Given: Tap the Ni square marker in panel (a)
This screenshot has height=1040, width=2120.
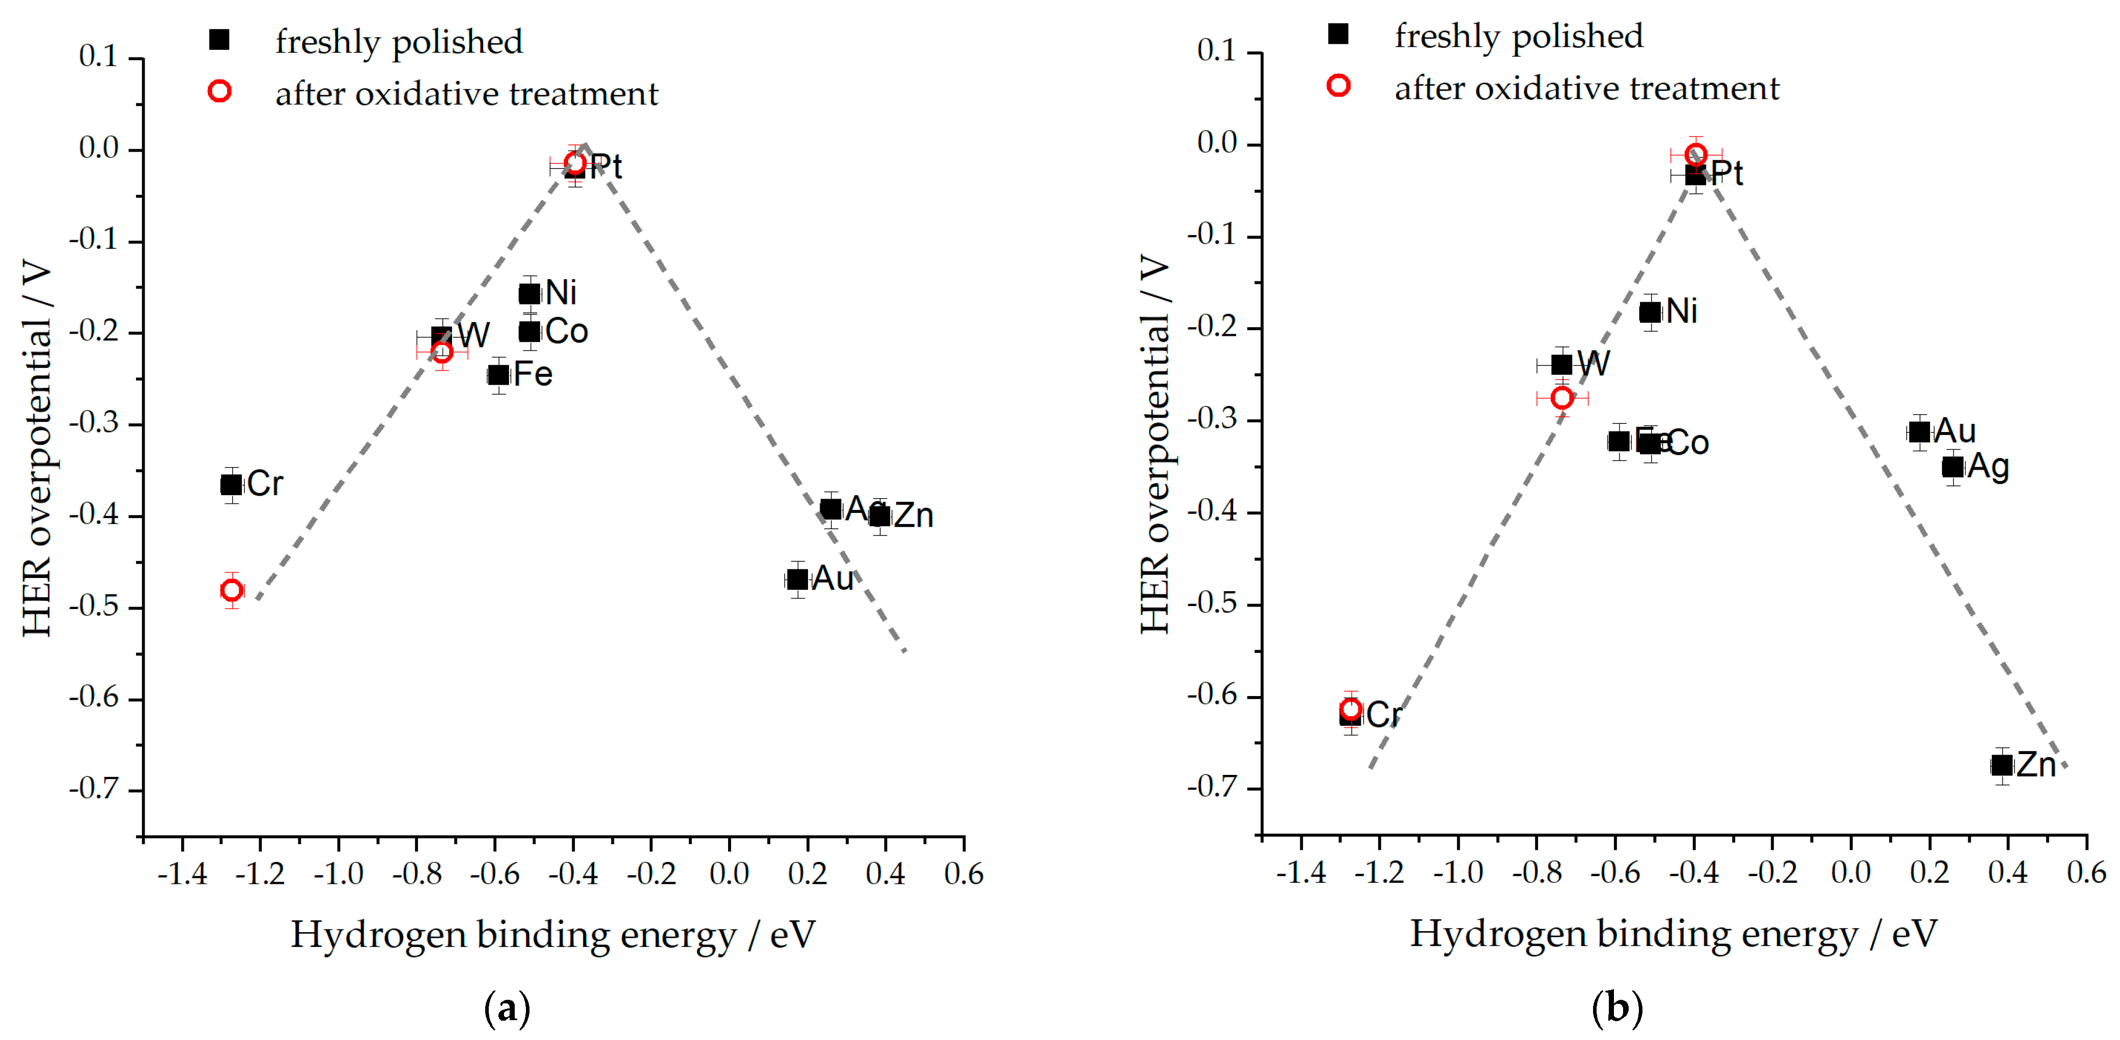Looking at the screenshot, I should [529, 294].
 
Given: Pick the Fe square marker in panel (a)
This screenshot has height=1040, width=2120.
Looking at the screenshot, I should [498, 375].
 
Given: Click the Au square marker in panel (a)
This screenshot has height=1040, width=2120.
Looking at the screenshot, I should [797, 579].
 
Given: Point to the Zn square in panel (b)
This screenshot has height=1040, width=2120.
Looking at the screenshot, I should [2001, 765].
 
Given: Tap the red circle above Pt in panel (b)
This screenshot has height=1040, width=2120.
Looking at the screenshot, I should [1695, 154].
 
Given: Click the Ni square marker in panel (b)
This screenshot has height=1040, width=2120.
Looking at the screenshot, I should [1650, 312].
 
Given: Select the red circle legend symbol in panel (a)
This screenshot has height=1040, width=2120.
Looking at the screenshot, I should [219, 91].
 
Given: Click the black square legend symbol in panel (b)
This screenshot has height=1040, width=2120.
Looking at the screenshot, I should [1338, 34].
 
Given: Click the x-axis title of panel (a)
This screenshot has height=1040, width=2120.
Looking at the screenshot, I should [552, 935].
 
